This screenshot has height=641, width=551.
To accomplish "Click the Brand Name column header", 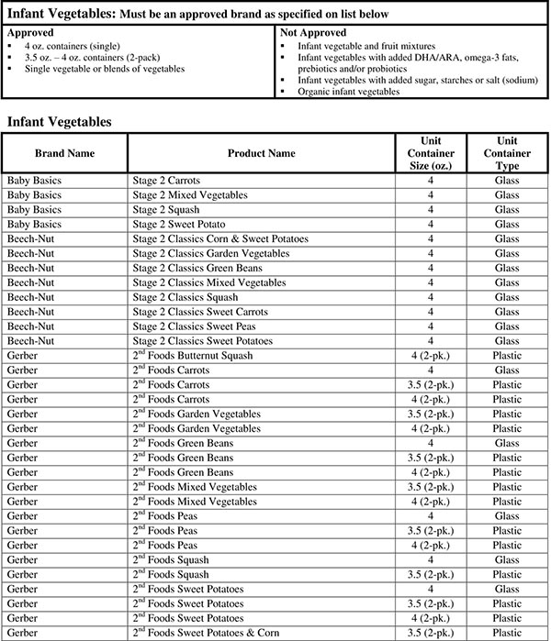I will click(x=64, y=152).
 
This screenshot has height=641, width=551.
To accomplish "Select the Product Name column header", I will click(x=262, y=152).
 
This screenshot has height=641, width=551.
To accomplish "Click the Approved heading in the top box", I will click(x=31, y=31).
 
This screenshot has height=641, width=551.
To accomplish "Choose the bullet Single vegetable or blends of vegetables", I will click(x=105, y=69).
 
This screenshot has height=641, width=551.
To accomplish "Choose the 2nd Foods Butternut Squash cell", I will click(x=200, y=355).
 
